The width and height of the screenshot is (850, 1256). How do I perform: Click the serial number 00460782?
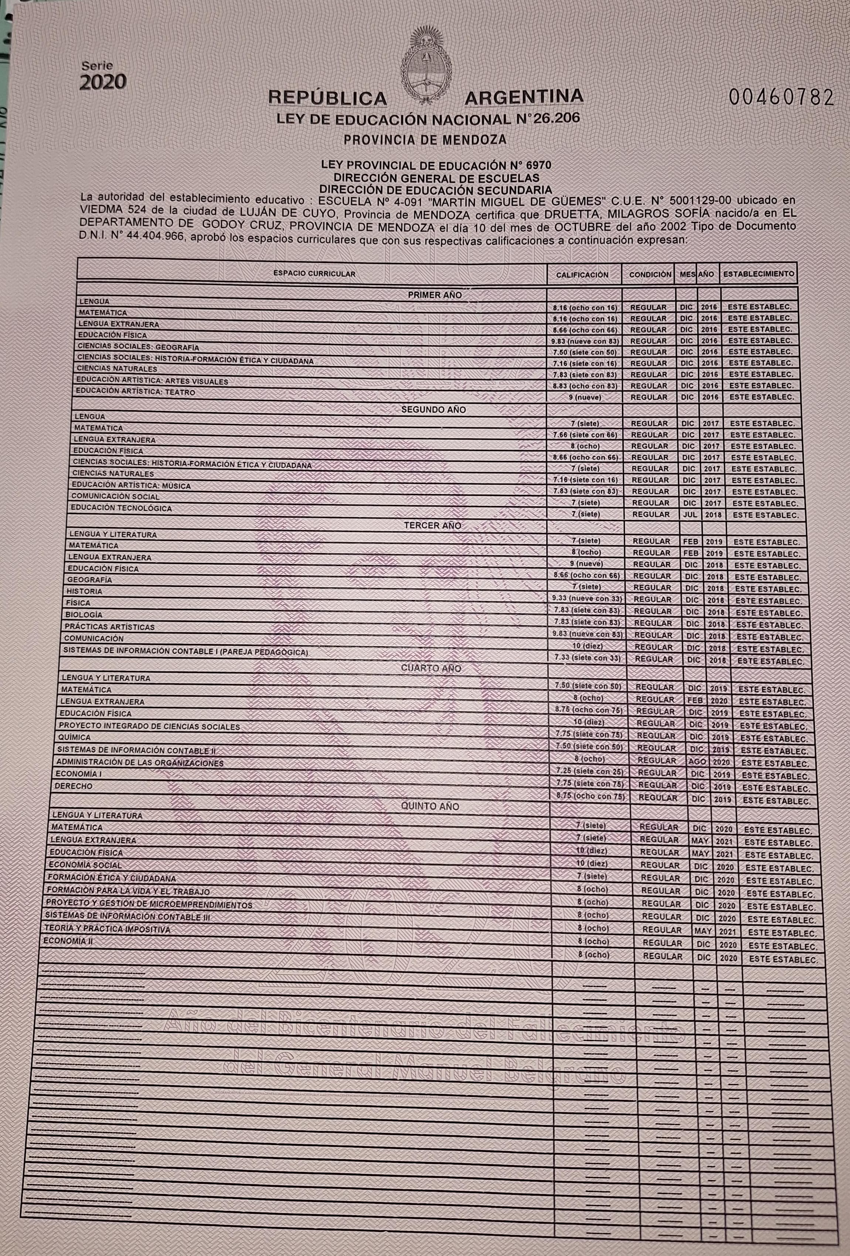[x=781, y=98]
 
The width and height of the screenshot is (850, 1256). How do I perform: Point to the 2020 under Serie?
[x=103, y=81]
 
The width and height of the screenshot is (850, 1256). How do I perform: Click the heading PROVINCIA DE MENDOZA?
[x=425, y=139]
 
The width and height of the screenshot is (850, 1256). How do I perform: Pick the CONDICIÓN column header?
[x=650, y=274]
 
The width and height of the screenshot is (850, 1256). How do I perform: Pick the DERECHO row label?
[x=74, y=786]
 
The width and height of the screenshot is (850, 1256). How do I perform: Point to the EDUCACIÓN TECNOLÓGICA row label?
[x=122, y=508]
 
